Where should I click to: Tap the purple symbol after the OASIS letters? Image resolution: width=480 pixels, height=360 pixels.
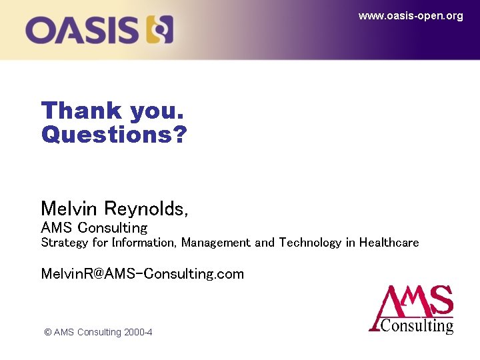coord(160,30)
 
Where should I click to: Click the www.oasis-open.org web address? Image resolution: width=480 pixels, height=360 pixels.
coord(411,16)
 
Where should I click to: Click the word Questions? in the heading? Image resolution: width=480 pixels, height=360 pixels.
coord(114,135)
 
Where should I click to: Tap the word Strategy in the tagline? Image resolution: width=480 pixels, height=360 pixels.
coord(64,243)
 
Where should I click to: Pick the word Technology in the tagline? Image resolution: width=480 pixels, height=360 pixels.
coord(310,243)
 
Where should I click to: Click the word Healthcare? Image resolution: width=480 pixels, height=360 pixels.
coord(389,243)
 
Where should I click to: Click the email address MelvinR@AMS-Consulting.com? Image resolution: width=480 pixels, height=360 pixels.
coord(142,273)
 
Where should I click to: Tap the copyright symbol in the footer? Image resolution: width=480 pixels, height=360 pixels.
coord(47,332)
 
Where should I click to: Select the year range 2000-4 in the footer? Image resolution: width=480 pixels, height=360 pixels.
coord(138,332)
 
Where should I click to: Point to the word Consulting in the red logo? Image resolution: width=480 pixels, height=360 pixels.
coord(417,326)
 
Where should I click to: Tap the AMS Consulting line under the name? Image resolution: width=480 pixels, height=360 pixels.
coord(94,227)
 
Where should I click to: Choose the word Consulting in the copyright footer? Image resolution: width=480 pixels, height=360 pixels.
coord(99,332)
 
